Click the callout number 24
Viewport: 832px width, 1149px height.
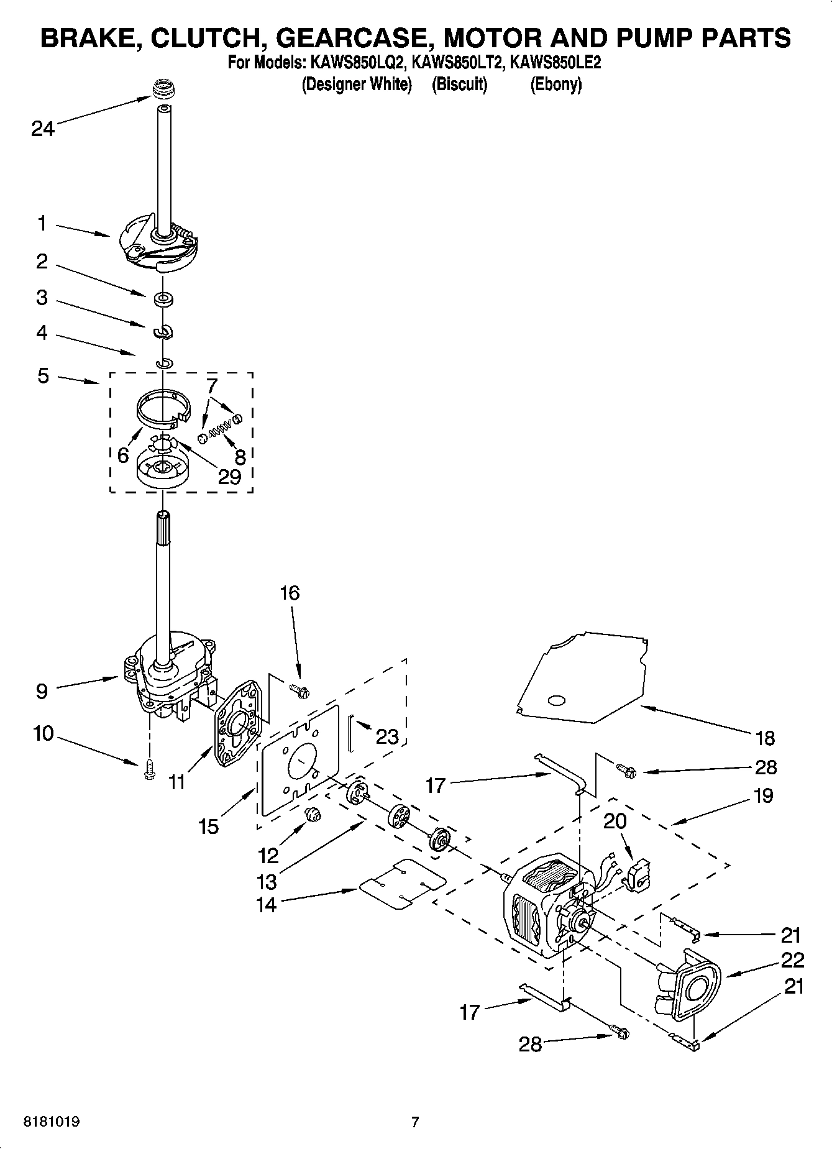[x=43, y=129]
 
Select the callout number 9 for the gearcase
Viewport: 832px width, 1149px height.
[x=42, y=691]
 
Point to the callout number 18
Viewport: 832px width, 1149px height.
[x=766, y=738]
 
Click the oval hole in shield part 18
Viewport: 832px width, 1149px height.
[x=556, y=700]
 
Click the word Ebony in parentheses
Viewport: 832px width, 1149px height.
[x=555, y=85]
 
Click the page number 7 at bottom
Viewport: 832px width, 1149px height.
[x=415, y=1122]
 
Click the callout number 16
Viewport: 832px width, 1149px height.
[x=290, y=593]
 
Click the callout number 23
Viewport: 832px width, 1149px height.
[x=387, y=737]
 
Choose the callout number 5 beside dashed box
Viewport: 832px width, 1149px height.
[x=43, y=376]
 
